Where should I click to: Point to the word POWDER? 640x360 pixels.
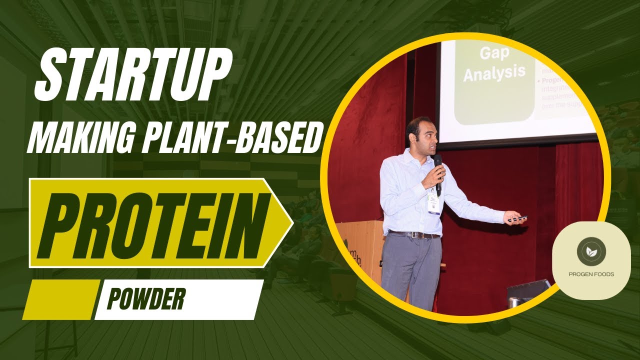[x=146, y=299]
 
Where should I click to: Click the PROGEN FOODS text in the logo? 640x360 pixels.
[x=591, y=274]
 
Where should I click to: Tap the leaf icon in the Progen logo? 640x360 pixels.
[x=591, y=252]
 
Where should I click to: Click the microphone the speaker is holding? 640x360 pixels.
[x=438, y=172]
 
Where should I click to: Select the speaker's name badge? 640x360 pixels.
[x=433, y=204]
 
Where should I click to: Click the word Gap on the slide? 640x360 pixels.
[x=493, y=53]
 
